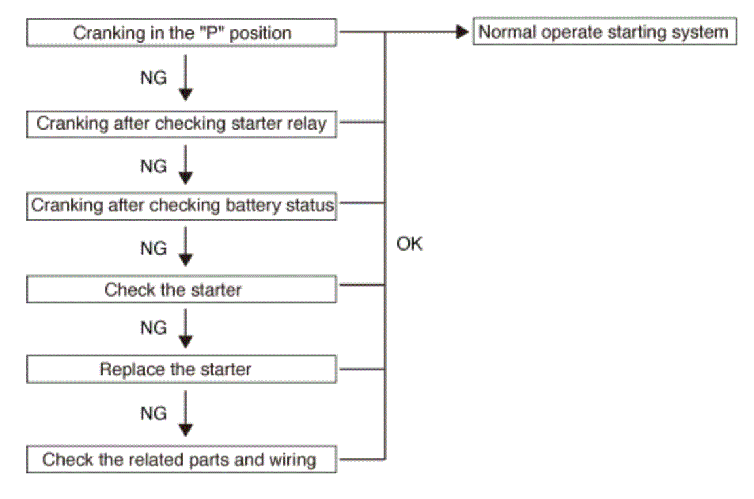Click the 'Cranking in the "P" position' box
point(181,33)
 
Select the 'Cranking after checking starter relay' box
point(181,124)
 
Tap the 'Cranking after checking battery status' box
point(181,206)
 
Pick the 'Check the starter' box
point(181,289)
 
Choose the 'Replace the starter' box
point(181,369)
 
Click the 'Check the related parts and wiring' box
point(181,459)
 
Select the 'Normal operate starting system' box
point(605,32)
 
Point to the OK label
point(409,244)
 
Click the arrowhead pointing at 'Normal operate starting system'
point(462,32)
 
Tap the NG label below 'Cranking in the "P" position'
point(154,77)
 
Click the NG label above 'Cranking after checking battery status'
point(154,166)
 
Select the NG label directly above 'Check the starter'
point(154,248)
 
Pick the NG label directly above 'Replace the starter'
point(154,328)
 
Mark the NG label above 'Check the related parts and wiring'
point(154,413)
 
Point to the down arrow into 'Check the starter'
point(185,246)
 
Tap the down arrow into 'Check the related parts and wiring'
point(185,413)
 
